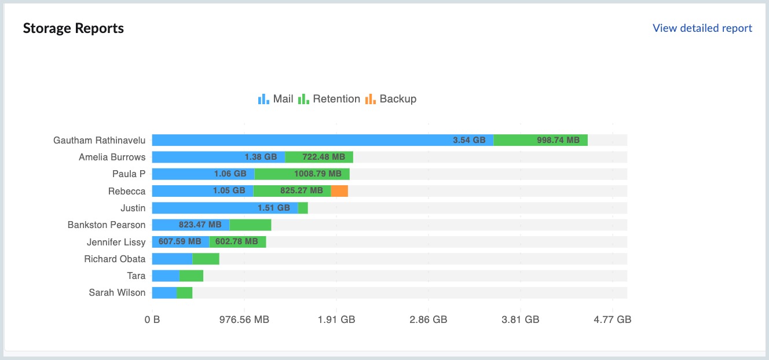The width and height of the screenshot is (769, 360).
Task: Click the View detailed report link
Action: pyautogui.click(x=702, y=28)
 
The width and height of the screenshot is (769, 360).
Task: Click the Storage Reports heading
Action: pyautogui.click(x=74, y=28)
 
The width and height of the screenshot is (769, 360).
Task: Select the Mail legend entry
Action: pyautogui.click(x=276, y=99)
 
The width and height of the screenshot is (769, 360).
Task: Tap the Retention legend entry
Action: pyautogui.click(x=329, y=99)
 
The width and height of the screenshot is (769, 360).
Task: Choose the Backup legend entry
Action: pyautogui.click(x=391, y=99)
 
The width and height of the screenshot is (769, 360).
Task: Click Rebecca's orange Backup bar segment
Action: pyautogui.click(x=339, y=191)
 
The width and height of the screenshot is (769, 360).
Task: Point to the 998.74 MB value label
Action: pyautogui.click(x=558, y=140)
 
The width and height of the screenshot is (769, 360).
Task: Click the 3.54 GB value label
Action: pyautogui.click(x=469, y=140)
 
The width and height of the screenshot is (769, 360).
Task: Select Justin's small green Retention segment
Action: pyautogui.click(x=303, y=208)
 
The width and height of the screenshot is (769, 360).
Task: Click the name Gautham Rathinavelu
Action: pyautogui.click(x=99, y=140)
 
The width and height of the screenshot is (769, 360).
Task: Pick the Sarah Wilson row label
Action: pyautogui.click(x=117, y=293)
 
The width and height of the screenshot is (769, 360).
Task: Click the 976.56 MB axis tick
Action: pyautogui.click(x=244, y=319)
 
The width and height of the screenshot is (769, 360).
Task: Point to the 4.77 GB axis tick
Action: pyautogui.click(x=612, y=319)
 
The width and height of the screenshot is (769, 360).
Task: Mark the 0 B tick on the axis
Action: pyautogui.click(x=152, y=319)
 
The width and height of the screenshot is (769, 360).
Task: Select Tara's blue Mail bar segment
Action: pyautogui.click(x=166, y=275)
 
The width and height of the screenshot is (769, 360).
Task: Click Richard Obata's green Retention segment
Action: pyautogui.click(x=206, y=259)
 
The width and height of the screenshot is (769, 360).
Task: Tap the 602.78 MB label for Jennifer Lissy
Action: pyautogui.click(x=236, y=242)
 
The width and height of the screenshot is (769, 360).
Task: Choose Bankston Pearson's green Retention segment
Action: pyautogui.click(x=250, y=225)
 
